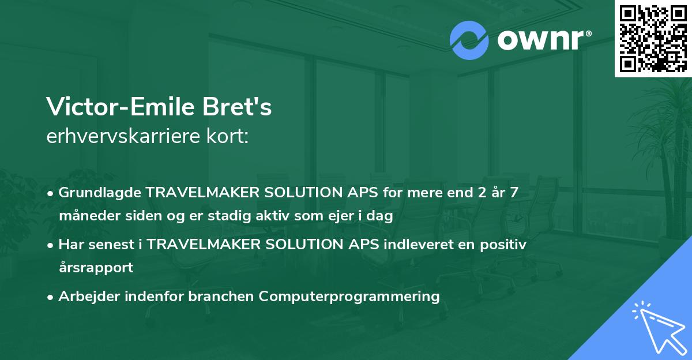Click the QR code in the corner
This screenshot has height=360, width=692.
click(653, 38)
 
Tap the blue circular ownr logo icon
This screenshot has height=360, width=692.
click(469, 40)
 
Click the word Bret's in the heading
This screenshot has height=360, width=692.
click(237, 107)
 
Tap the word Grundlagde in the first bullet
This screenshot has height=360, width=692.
click(100, 193)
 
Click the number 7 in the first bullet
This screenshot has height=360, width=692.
click(514, 192)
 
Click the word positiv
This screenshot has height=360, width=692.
click(503, 245)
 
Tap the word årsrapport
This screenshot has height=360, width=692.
click(96, 267)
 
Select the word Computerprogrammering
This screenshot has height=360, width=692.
click(349, 297)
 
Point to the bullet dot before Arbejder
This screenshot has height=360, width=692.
click(50, 298)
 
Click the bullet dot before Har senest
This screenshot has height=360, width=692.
click(50, 246)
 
